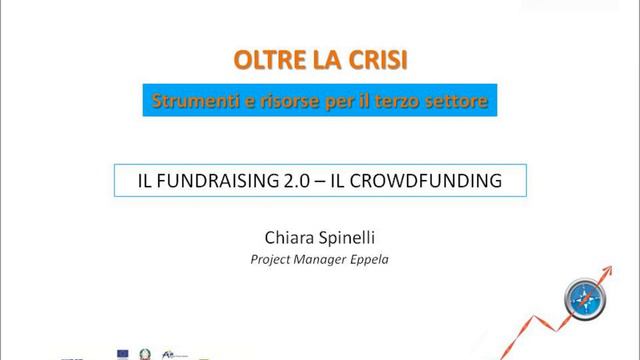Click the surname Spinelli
click(x=345, y=237)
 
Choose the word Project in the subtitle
click(x=271, y=258)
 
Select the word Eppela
click(x=374, y=258)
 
